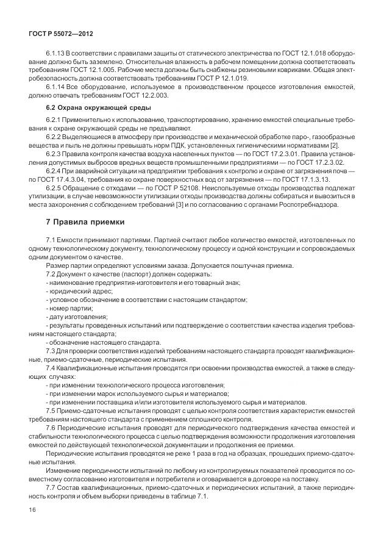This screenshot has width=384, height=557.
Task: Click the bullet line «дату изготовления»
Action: tap(77, 317)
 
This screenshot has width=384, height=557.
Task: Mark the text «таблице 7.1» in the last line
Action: tap(189, 496)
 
